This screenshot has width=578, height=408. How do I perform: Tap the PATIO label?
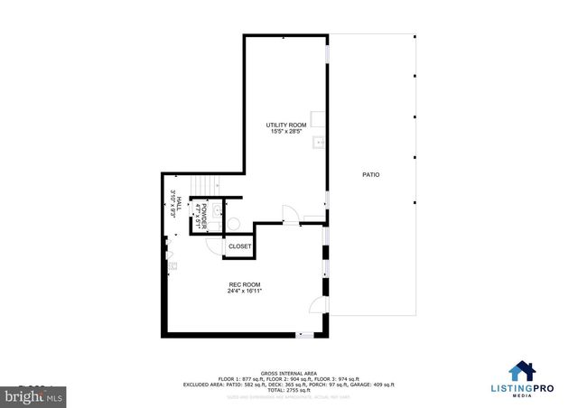(x=370, y=174)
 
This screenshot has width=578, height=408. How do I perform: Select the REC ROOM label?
(x=244, y=284)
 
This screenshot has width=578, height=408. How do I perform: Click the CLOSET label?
(x=239, y=246)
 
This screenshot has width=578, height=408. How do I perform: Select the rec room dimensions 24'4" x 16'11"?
(x=245, y=292)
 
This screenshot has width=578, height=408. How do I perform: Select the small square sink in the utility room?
(x=317, y=143)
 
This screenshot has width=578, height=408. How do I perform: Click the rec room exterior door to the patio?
(x=316, y=304)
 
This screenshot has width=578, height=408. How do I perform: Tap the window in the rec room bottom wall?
(x=306, y=335)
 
